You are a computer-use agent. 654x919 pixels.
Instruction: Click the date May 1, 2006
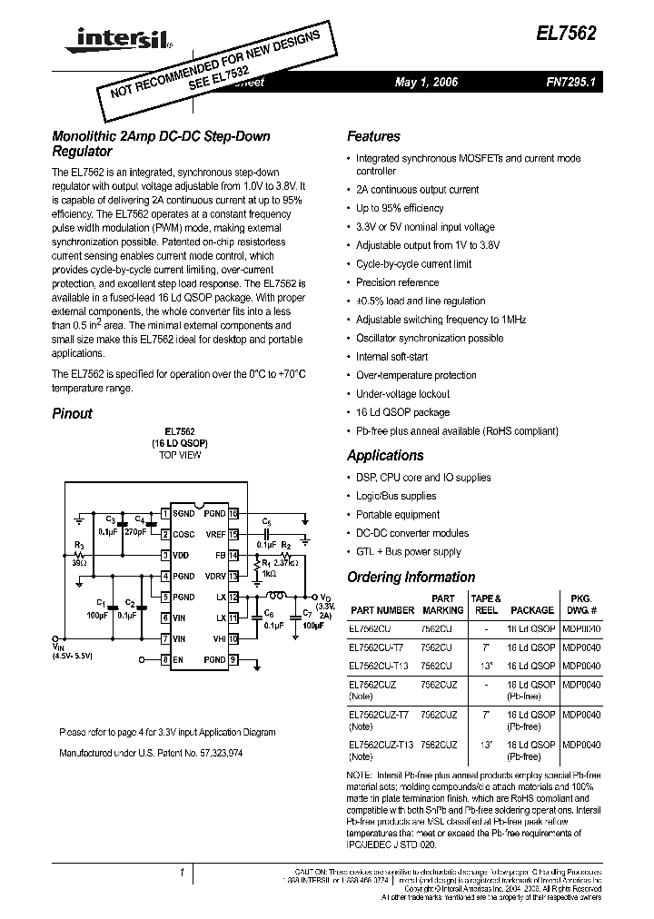(427, 83)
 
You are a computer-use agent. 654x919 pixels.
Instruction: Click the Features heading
(373, 137)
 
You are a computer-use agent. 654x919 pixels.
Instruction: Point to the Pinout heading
(72, 413)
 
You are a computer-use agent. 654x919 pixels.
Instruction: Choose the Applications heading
(385, 456)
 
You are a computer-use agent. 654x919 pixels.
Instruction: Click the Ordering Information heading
(411, 578)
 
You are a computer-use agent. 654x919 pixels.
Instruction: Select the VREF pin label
(215, 534)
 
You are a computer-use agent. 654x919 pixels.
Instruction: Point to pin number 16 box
(233, 513)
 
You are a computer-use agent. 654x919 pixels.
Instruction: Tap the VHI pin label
(218, 639)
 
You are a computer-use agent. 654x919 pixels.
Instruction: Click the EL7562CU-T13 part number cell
(379, 665)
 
